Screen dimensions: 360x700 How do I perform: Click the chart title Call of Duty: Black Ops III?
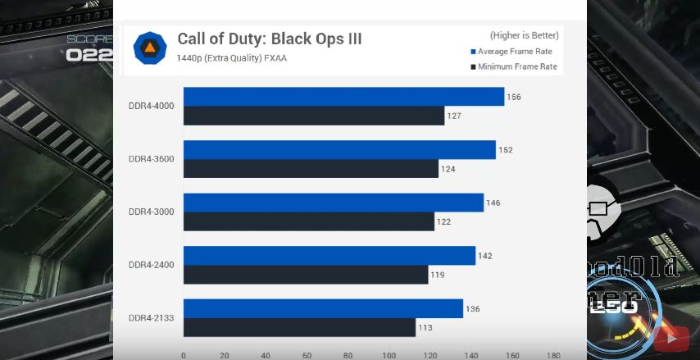(x=269, y=39)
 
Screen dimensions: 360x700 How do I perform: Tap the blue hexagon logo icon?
(x=150, y=48)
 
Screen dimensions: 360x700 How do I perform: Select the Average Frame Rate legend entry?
(x=515, y=52)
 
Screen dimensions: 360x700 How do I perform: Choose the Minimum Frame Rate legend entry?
(x=513, y=66)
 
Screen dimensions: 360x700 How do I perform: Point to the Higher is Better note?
(x=524, y=35)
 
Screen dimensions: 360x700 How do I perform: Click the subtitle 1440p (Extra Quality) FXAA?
(x=231, y=58)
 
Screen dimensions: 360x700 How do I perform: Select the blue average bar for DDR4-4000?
(x=343, y=97)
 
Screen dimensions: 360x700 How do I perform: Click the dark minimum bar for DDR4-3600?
(x=311, y=169)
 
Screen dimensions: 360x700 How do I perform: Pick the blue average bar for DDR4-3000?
(x=333, y=203)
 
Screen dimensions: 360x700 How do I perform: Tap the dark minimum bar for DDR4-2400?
(x=305, y=275)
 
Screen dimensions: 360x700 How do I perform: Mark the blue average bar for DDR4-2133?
(x=323, y=308)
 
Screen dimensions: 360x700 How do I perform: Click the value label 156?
(x=514, y=97)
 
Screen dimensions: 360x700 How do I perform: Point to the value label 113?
(x=425, y=327)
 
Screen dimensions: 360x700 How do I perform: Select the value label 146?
(x=493, y=203)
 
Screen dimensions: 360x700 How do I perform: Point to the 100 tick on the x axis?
(x=389, y=355)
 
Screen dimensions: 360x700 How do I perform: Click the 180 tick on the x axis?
(x=553, y=355)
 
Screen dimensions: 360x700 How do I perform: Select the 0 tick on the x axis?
(x=183, y=355)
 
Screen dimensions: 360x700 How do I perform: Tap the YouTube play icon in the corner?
(x=671, y=337)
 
